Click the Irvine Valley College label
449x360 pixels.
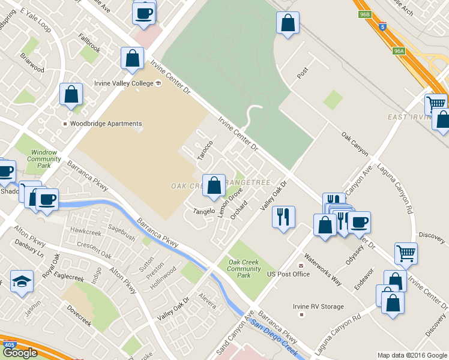click(123, 83)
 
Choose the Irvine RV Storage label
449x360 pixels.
click(318, 307)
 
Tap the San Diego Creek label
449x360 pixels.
click(276, 340)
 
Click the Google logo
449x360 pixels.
click(20, 353)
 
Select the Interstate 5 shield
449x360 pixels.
click(383, 26)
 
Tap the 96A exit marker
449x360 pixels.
click(399, 52)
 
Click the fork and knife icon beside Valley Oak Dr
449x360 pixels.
click(283, 215)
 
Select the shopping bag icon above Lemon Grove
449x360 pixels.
click(214, 185)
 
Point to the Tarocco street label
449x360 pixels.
click(205, 150)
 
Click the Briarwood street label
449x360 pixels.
click(32, 62)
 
